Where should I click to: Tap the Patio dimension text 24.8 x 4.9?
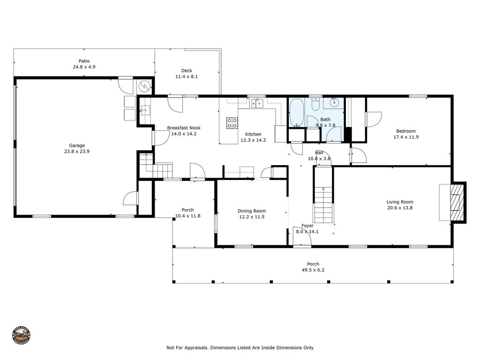click(x=84, y=67)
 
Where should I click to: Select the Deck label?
click(x=187, y=71)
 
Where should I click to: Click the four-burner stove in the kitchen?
click(x=232, y=123)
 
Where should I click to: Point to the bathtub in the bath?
click(x=296, y=113)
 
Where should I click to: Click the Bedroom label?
click(x=405, y=131)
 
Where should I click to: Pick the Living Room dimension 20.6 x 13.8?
click(x=400, y=208)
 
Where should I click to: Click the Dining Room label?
click(x=252, y=211)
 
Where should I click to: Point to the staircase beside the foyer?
click(x=323, y=204)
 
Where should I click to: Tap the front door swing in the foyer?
click(x=302, y=237)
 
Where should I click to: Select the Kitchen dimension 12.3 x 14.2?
click(x=253, y=140)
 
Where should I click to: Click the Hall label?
click(x=319, y=152)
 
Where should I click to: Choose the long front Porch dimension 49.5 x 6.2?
click(x=313, y=270)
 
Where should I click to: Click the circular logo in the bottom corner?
click(x=21, y=336)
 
